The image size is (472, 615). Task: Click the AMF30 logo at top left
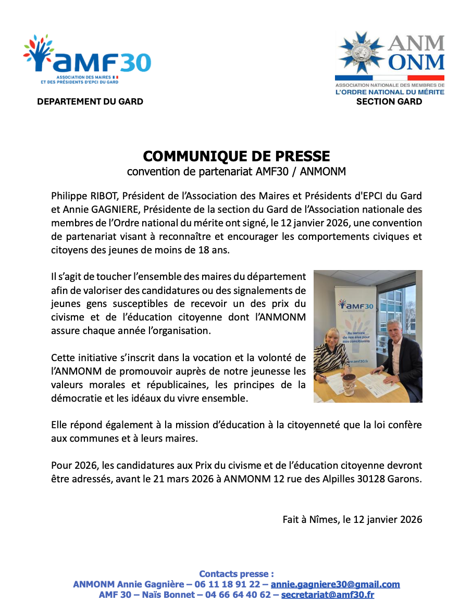[87, 59]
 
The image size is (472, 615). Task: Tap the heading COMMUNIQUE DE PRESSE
[236, 156]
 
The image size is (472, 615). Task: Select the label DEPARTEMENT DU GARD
[90, 101]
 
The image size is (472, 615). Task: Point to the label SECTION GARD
[389, 101]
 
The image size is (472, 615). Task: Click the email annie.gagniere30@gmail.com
[335, 584]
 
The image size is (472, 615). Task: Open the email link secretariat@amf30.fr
[327, 595]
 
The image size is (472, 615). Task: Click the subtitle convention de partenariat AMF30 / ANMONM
[236, 171]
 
